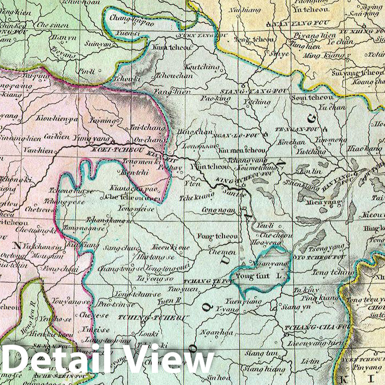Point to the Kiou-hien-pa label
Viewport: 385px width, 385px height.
tap(57, 118)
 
